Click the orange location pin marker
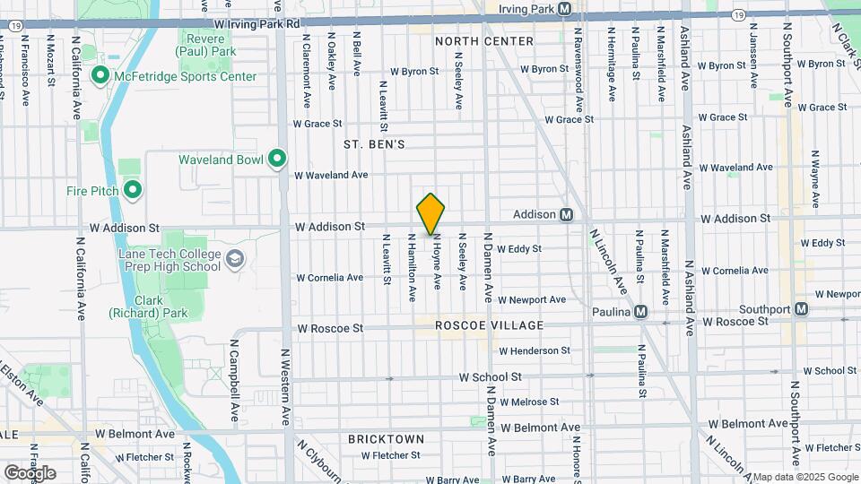click(431, 213)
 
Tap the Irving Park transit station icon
click(564, 9)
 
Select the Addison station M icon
click(567, 214)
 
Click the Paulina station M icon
click(640, 312)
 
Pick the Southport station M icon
click(801, 309)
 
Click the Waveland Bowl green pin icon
click(277, 160)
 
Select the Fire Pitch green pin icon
click(133, 190)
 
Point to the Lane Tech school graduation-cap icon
click(235, 260)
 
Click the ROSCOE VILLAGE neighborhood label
click(490, 325)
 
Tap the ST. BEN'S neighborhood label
click(374, 144)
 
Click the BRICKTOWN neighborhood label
click(387, 439)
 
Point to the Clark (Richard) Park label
click(149, 307)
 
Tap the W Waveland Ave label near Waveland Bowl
click(331, 175)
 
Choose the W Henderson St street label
click(535, 350)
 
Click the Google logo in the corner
click(30, 472)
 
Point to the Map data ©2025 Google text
click(804, 477)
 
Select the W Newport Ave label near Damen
click(532, 299)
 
